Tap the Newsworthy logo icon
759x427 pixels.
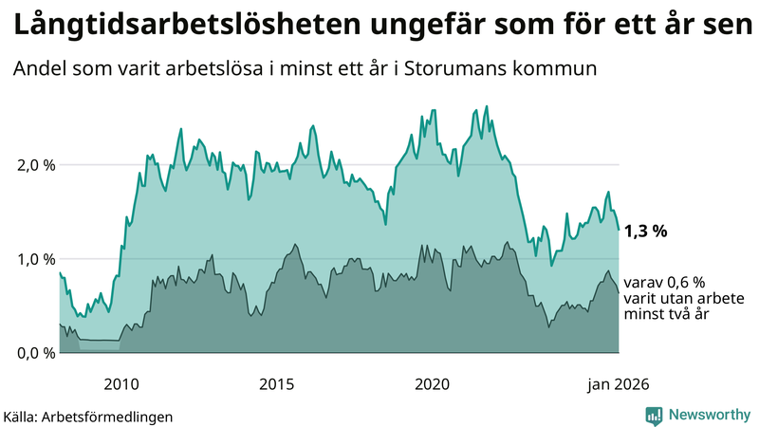(654, 415)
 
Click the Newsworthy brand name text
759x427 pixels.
(709, 415)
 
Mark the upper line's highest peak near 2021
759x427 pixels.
(487, 106)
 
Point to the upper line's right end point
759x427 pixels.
(619, 230)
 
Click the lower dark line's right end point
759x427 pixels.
(619, 291)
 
